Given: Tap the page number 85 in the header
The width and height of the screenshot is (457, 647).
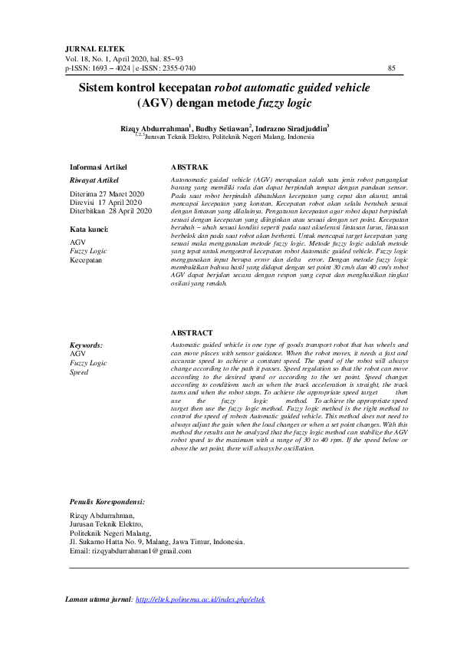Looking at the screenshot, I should click(x=392, y=68).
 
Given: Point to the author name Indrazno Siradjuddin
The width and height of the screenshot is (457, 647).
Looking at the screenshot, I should click(x=292, y=128).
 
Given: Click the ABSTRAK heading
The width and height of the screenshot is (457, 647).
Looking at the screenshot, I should click(x=187, y=167).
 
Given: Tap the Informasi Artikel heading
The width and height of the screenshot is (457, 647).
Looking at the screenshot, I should click(x=98, y=167).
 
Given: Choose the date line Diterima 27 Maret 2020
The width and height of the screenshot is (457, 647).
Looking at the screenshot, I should click(x=107, y=193).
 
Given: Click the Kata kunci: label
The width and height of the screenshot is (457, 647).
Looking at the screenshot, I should click(x=89, y=229).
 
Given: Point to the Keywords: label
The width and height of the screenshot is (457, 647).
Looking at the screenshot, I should click(x=86, y=345).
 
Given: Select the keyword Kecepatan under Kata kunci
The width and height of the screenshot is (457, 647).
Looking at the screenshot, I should click(x=85, y=260).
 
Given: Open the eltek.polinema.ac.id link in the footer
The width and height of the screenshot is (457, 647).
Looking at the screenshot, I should click(x=199, y=599).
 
